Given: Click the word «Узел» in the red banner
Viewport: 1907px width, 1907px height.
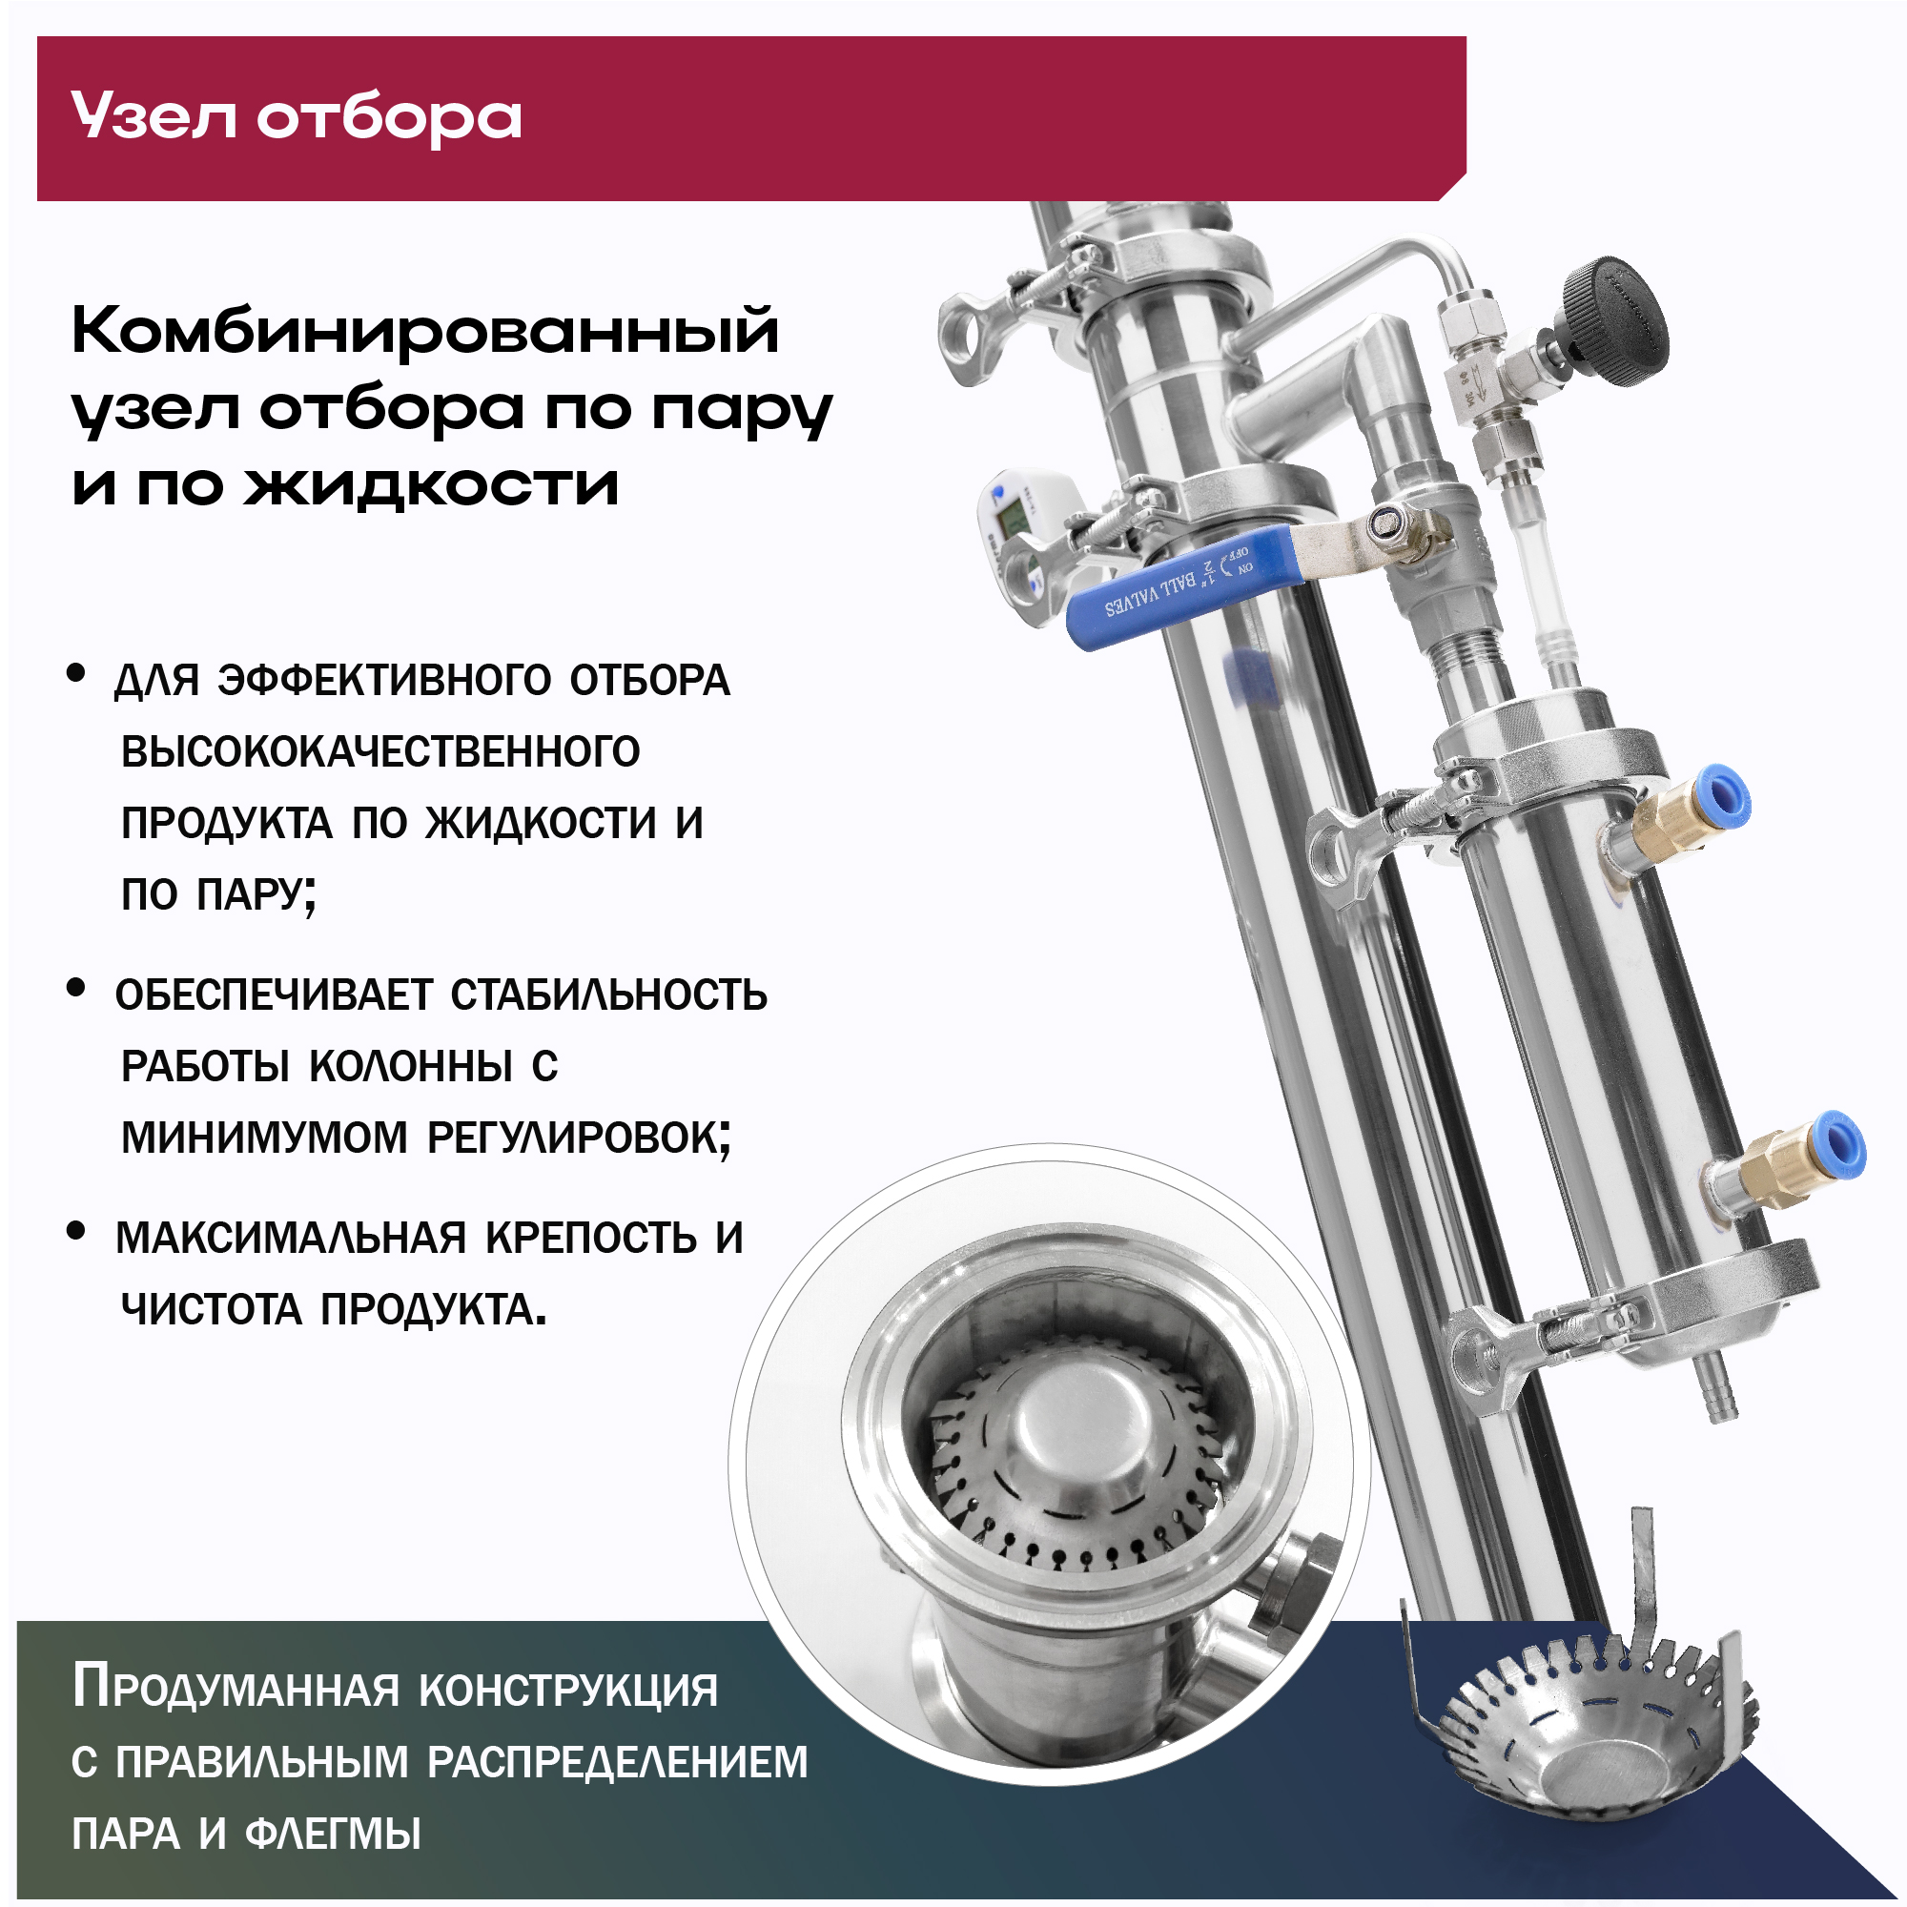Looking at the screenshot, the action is click(x=154, y=116).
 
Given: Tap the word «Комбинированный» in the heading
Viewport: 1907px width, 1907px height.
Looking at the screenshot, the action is click(x=425, y=330).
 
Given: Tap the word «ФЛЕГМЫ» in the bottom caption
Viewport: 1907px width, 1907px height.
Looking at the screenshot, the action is click(x=333, y=1834).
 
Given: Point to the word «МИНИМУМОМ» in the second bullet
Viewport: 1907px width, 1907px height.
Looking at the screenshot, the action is click(x=263, y=1138).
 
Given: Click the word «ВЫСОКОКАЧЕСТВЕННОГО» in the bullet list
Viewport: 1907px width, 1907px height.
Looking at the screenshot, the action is click(x=381, y=752).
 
